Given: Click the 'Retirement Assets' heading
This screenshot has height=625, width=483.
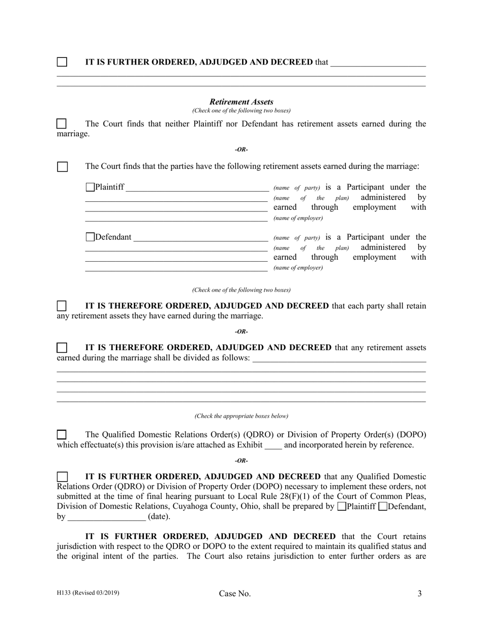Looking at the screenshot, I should tap(241, 102).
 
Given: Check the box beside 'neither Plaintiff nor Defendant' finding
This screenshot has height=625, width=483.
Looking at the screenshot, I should tap(62, 123).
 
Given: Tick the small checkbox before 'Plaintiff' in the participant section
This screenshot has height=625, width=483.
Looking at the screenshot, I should tap(90, 187).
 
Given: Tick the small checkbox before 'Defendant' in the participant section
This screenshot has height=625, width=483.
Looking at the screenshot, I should tap(90, 237).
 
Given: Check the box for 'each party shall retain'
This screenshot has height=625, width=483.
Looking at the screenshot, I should tap(62, 306).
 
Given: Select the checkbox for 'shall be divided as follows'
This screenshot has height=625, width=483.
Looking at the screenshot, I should tap(62, 348).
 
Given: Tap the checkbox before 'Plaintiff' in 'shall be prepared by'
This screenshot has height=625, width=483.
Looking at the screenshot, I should tap(342, 506).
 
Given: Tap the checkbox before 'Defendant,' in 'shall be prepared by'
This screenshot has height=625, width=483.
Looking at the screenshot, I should tap(384, 506).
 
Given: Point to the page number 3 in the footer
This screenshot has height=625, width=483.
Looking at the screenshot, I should tap(419, 593).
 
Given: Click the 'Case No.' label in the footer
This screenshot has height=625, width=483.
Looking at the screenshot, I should tap(235, 593).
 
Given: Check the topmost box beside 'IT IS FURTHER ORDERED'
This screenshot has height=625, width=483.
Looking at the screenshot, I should tap(62, 62).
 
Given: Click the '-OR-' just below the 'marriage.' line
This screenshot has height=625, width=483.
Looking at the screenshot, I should tap(241, 149).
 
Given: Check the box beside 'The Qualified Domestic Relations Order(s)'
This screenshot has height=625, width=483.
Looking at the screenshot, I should tap(62, 434).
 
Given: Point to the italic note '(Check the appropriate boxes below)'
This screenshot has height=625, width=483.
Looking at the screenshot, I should tap(241, 416).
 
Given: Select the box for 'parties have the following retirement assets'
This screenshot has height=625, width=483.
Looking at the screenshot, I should tap(62, 167).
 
